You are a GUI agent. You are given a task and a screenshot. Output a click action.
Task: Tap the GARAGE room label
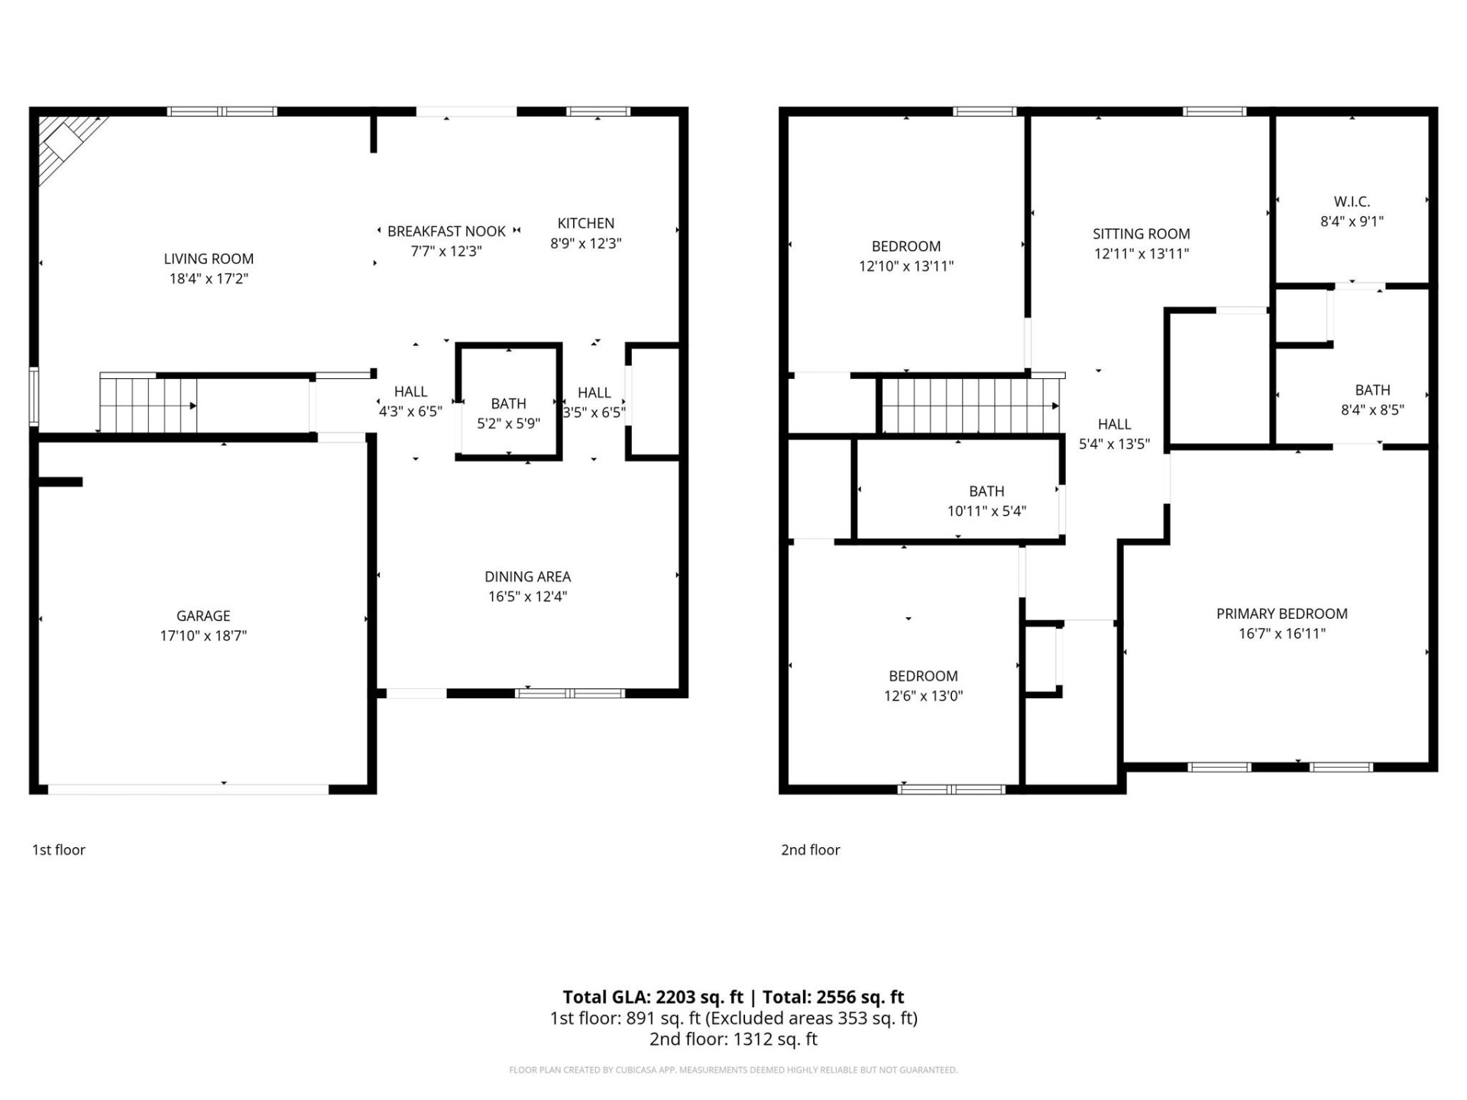pyautogui.click(x=203, y=616)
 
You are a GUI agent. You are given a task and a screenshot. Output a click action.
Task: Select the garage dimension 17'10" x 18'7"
pyautogui.click(x=203, y=636)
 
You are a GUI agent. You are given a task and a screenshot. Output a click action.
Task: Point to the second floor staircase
pyautogui.click(x=969, y=406)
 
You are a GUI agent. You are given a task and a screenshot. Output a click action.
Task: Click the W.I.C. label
pyautogui.click(x=1352, y=202)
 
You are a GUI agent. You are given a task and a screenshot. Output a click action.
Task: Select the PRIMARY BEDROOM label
pyautogui.click(x=1281, y=613)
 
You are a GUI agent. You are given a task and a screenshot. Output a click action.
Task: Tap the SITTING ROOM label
pyautogui.click(x=1141, y=234)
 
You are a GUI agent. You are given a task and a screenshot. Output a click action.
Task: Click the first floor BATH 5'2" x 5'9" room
pyautogui.click(x=508, y=412)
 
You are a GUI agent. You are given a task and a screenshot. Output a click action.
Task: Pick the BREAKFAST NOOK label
pyautogui.click(x=446, y=231)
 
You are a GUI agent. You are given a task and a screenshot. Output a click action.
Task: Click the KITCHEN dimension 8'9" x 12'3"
pyautogui.click(x=585, y=244)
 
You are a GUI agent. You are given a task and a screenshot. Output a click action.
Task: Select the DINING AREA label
pyautogui.click(x=527, y=577)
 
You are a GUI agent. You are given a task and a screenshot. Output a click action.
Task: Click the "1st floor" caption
pyautogui.click(x=59, y=849)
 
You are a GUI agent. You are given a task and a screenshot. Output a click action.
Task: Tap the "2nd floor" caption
pyautogui.click(x=810, y=849)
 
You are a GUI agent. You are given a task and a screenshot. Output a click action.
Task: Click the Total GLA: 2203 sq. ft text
pyautogui.click(x=653, y=997)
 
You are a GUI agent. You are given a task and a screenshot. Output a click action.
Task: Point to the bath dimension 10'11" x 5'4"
pyautogui.click(x=986, y=511)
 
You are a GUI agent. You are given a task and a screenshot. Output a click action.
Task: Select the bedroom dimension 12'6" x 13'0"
pyautogui.click(x=923, y=696)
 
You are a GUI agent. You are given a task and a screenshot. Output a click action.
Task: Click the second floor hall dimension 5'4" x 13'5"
pyautogui.click(x=1114, y=444)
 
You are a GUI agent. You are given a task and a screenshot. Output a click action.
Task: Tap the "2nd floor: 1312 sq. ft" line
pyautogui.click(x=733, y=1039)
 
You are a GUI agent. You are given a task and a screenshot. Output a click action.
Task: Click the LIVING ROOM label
pyautogui.click(x=208, y=259)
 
